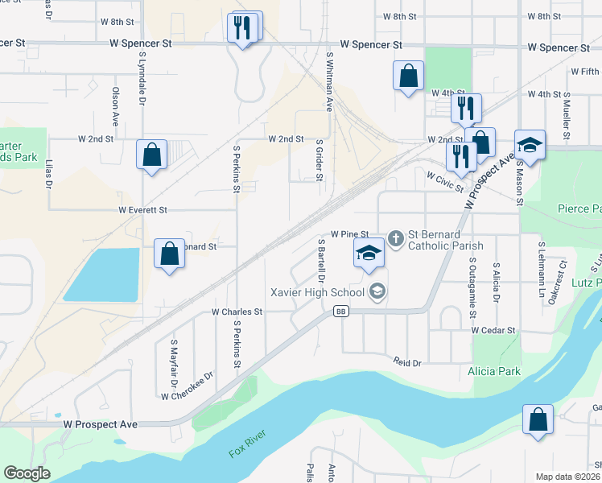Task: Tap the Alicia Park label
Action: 493,371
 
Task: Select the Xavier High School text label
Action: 317,291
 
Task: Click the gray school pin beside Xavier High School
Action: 377,291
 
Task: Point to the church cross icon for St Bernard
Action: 395,238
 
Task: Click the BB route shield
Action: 341,312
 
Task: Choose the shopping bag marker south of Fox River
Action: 537,419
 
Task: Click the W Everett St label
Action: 142,210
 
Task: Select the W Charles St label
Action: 237,312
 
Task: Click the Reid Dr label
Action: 407,363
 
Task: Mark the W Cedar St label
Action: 493,330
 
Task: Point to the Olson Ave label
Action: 116,106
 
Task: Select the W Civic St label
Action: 445,181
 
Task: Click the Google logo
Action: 27,473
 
